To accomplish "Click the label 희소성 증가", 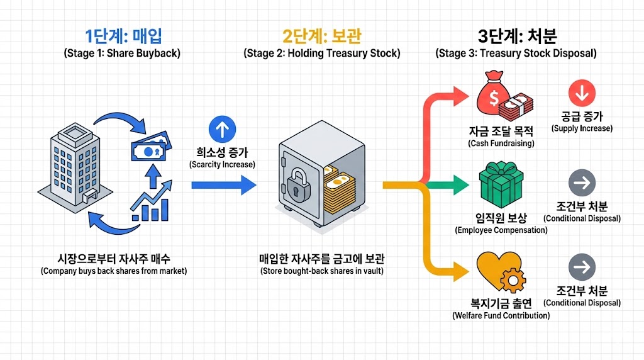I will (222, 152).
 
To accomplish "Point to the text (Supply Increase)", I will (582, 128).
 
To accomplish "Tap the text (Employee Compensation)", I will (501, 230).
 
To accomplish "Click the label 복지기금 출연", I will (501, 303).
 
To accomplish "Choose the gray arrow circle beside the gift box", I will (581, 183).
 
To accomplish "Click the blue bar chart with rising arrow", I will (150, 200).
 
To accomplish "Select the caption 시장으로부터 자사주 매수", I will (114, 259).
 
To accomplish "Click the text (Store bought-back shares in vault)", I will (321, 271).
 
